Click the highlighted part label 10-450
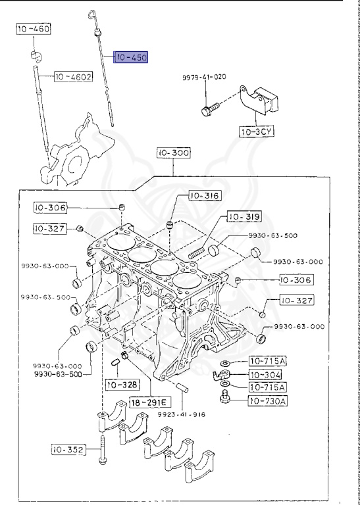click(x=131, y=58)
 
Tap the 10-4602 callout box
click(x=73, y=77)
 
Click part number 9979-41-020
click(x=204, y=77)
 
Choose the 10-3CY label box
click(x=255, y=132)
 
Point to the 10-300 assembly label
click(x=173, y=153)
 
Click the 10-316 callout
click(x=204, y=195)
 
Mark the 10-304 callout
click(x=267, y=374)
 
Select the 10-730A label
click(x=267, y=400)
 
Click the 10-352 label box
click(x=69, y=450)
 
